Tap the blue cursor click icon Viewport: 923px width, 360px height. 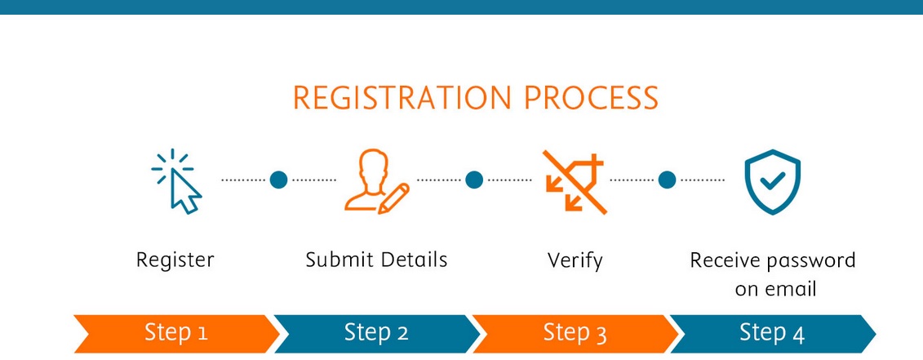[178, 181]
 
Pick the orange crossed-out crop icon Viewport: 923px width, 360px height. [575, 181]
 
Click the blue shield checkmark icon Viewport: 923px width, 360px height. [772, 181]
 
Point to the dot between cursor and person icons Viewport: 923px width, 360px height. [279, 180]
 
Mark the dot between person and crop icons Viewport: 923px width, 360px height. [474, 180]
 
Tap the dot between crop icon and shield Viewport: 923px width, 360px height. [668, 180]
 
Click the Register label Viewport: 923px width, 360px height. [175, 261]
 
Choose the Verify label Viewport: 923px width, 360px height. [575, 261]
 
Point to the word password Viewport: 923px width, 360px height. [811, 261]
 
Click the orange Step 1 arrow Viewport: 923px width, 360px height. [175, 333]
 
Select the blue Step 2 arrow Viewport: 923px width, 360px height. [375, 333]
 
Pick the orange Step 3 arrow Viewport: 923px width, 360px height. [575, 333]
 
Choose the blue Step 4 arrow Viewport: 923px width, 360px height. [772, 333]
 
